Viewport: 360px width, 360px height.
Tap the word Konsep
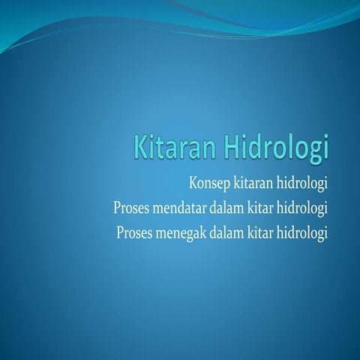[209, 184]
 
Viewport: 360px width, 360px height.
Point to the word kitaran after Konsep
[256, 184]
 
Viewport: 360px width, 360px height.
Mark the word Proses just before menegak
[135, 232]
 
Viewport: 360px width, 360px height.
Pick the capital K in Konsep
[194, 183]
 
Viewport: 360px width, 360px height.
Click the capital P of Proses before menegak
[121, 232]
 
